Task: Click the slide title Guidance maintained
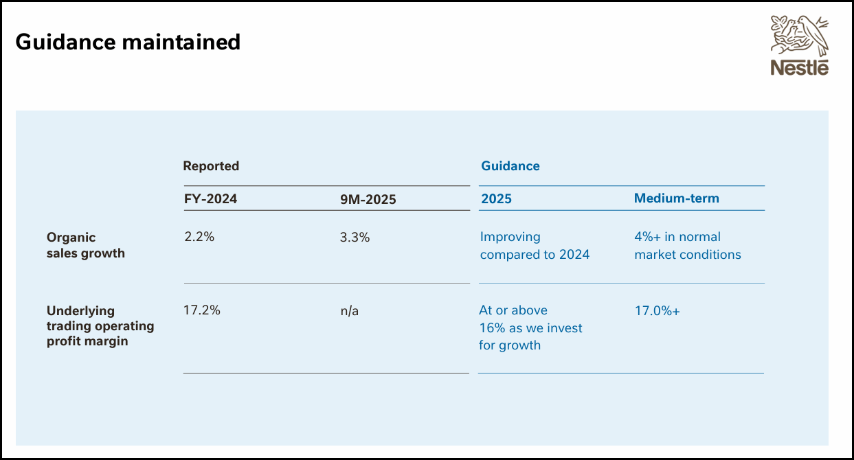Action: [x=128, y=43]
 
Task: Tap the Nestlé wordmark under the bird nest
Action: [x=799, y=67]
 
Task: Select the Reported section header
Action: [x=211, y=166]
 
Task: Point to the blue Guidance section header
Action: [x=510, y=166]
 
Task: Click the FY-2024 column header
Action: [x=210, y=199]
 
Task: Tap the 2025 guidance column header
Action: [x=496, y=199]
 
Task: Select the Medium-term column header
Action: [x=676, y=198]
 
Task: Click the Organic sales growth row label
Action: [x=85, y=245]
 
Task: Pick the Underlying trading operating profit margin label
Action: [x=100, y=326]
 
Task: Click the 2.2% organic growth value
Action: [x=199, y=237]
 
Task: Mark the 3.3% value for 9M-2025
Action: [x=355, y=238]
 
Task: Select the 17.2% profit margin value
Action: [x=202, y=310]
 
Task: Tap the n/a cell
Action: [x=350, y=311]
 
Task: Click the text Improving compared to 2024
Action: [x=535, y=246]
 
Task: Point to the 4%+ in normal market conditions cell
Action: [x=687, y=246]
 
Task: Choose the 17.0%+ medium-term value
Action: [x=657, y=311]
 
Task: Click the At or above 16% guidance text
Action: [x=530, y=327]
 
